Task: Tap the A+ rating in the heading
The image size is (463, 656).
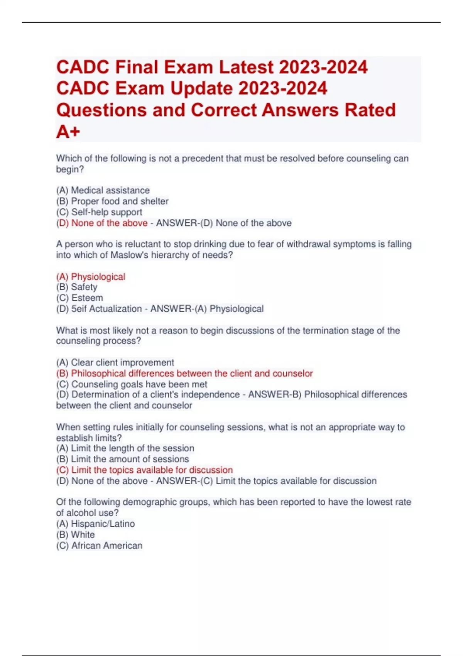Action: [x=68, y=132]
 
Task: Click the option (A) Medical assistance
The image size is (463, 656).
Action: [x=103, y=190]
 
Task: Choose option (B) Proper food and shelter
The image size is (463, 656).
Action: [x=112, y=201]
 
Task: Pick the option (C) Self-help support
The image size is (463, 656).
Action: [x=99, y=212]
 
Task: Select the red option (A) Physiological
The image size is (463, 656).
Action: [x=91, y=277]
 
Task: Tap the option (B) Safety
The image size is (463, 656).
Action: [x=76, y=287]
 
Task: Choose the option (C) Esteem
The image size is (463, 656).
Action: [x=79, y=298]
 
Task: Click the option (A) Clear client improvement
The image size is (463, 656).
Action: [x=115, y=362]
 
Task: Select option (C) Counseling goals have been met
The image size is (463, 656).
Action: [x=132, y=384]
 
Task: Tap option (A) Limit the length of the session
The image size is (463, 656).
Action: [x=125, y=448]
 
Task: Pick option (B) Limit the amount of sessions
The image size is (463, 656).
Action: [x=122, y=459]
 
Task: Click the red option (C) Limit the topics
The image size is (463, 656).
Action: [x=144, y=470]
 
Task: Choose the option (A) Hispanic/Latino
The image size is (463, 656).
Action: [x=95, y=524]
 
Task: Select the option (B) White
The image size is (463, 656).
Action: [x=75, y=534]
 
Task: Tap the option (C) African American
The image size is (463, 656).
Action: [x=99, y=545]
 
